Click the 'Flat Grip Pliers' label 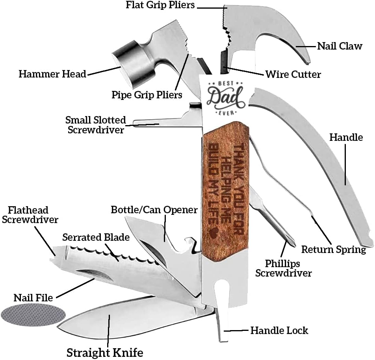[x=161, y=6]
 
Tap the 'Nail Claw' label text [x=340, y=46]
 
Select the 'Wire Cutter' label [x=293, y=74]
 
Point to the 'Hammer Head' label [x=52, y=74]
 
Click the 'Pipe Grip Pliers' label [x=147, y=95]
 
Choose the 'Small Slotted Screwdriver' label [x=96, y=124]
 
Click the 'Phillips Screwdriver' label [x=283, y=268]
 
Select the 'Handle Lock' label [x=279, y=330]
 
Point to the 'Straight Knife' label [x=104, y=352]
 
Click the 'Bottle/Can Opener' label [x=154, y=210]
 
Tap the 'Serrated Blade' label [x=96, y=237]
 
